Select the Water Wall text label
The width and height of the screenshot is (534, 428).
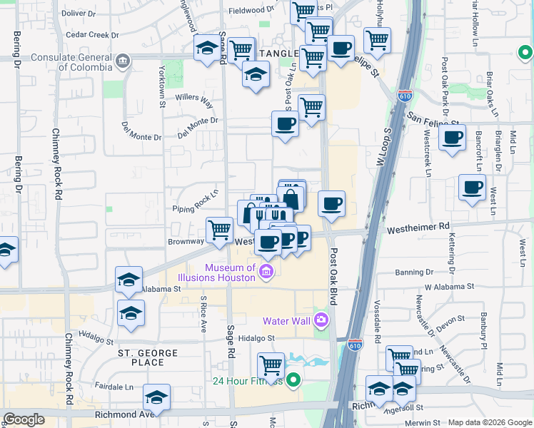tap(286, 320)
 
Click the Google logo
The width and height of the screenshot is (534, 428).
tap(24, 419)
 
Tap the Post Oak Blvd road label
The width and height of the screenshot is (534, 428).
tap(333, 277)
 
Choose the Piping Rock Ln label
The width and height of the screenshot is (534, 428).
tap(194, 203)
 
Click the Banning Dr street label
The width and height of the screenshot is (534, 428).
tap(414, 272)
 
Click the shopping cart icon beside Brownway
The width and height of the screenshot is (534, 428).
tap(219, 230)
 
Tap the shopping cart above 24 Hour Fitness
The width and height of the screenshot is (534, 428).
tap(271, 365)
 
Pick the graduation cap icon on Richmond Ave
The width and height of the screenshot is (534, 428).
tap(156, 397)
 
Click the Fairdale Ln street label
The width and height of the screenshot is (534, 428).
tap(114, 387)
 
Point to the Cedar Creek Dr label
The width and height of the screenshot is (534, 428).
tap(91, 34)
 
